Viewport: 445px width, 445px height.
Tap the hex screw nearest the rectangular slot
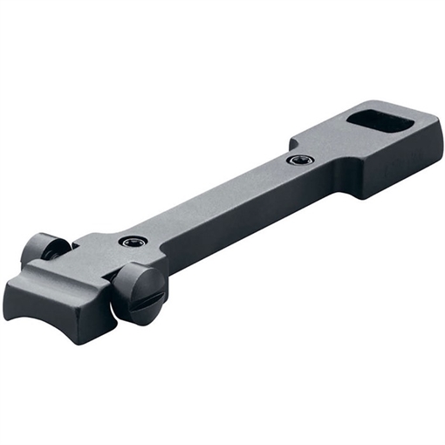(300, 160)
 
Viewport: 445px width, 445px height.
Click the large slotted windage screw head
(140, 293)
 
